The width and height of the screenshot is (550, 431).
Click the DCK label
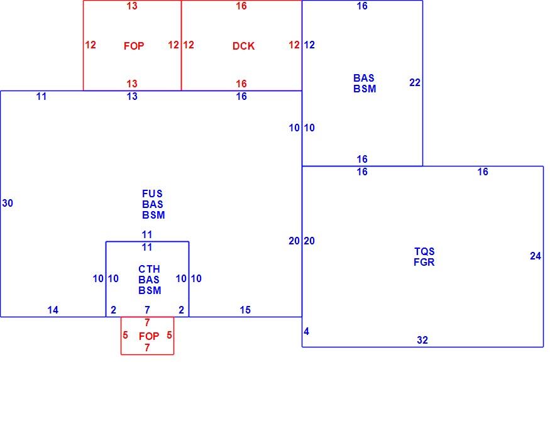243,46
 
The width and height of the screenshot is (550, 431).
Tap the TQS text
424,251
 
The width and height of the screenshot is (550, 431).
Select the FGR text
424,262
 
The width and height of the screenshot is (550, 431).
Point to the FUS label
152,194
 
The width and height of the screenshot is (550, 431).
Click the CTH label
149,269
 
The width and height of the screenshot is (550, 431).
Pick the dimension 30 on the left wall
8,203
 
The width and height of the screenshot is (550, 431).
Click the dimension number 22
415,82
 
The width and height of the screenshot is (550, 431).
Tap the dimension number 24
536,256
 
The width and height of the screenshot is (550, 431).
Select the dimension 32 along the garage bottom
422,340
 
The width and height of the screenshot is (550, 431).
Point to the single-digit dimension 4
307,331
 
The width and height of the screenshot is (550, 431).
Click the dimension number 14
53,310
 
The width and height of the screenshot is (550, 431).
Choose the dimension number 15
245,310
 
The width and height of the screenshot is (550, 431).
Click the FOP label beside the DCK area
134,46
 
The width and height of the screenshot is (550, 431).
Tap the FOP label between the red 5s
149,336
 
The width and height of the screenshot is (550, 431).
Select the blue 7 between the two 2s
147,310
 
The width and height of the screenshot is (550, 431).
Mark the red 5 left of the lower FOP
125,335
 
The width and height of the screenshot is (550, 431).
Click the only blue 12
309,45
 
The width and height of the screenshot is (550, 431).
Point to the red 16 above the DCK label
241,6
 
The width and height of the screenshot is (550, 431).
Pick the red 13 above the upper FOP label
132,6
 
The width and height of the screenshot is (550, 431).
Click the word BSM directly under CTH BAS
150,290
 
